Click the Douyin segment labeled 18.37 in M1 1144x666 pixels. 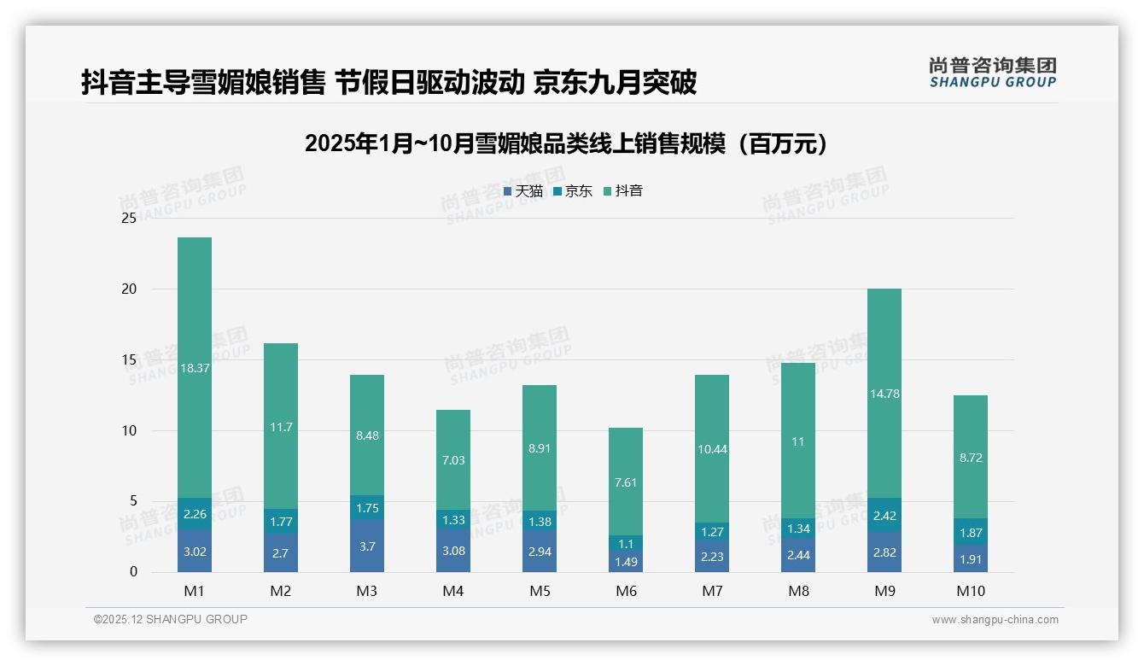pos(195,367)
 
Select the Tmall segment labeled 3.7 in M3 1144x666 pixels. pos(367,546)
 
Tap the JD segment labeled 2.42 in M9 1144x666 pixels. pos(884,516)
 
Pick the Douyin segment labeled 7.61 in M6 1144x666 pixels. pos(626,482)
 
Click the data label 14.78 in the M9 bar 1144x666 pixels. pos(884,394)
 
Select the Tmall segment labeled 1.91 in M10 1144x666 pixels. pos(971,560)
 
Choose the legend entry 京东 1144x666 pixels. pos(573,191)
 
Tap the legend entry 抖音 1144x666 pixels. pos(623,191)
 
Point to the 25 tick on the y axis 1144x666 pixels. pos(129,218)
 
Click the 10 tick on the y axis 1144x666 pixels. pos(129,430)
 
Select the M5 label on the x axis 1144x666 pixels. pos(540,591)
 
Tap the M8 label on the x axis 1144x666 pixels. pos(798,591)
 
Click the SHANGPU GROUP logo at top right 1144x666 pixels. pos(992,73)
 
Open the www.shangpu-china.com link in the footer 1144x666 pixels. pos(995,620)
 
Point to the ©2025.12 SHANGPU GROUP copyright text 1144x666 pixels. pos(171,620)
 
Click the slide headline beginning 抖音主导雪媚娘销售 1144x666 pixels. pos(389,82)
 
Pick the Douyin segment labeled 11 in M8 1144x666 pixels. pos(798,441)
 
